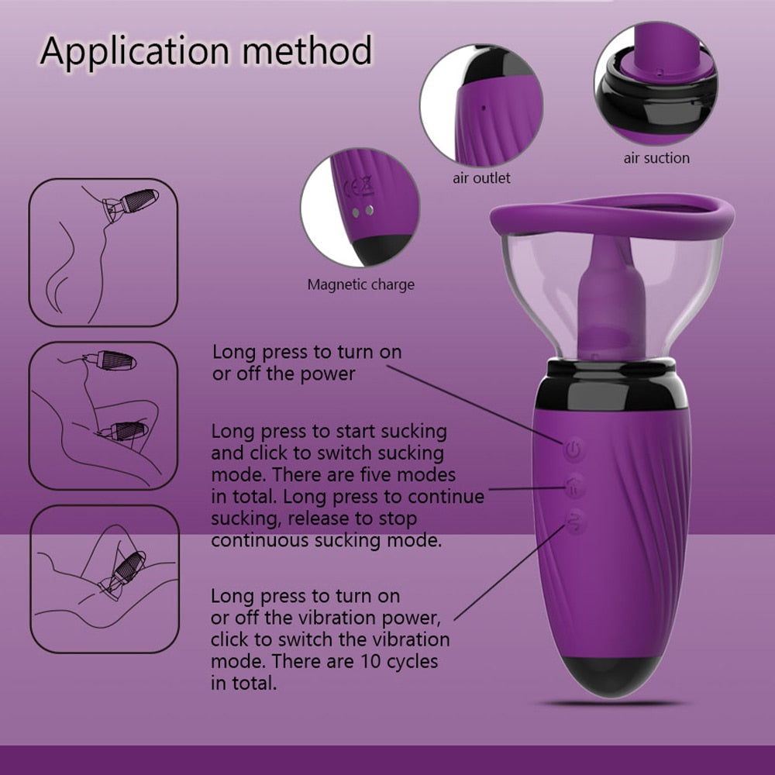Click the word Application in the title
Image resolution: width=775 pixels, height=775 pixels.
[x=135, y=52]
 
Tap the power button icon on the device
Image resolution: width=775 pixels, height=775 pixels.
[x=573, y=449]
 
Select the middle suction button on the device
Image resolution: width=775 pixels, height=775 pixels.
[x=575, y=487]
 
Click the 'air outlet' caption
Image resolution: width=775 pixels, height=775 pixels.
[x=481, y=178]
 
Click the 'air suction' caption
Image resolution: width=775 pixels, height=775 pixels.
[x=656, y=158]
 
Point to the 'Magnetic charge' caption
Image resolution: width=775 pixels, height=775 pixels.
[x=361, y=284]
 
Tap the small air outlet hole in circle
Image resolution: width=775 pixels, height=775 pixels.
[x=484, y=107]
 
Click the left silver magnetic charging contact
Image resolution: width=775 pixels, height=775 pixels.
[x=356, y=212]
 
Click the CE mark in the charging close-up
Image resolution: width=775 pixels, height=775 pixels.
[x=352, y=188]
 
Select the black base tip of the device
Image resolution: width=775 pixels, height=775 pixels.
[x=611, y=676]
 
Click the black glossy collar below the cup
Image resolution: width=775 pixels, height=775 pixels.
[x=611, y=384]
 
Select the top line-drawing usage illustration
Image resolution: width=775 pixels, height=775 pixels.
[x=103, y=253]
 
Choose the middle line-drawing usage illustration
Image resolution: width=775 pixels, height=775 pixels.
[x=103, y=415]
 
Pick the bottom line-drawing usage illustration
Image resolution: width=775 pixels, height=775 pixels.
[x=105, y=579]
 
